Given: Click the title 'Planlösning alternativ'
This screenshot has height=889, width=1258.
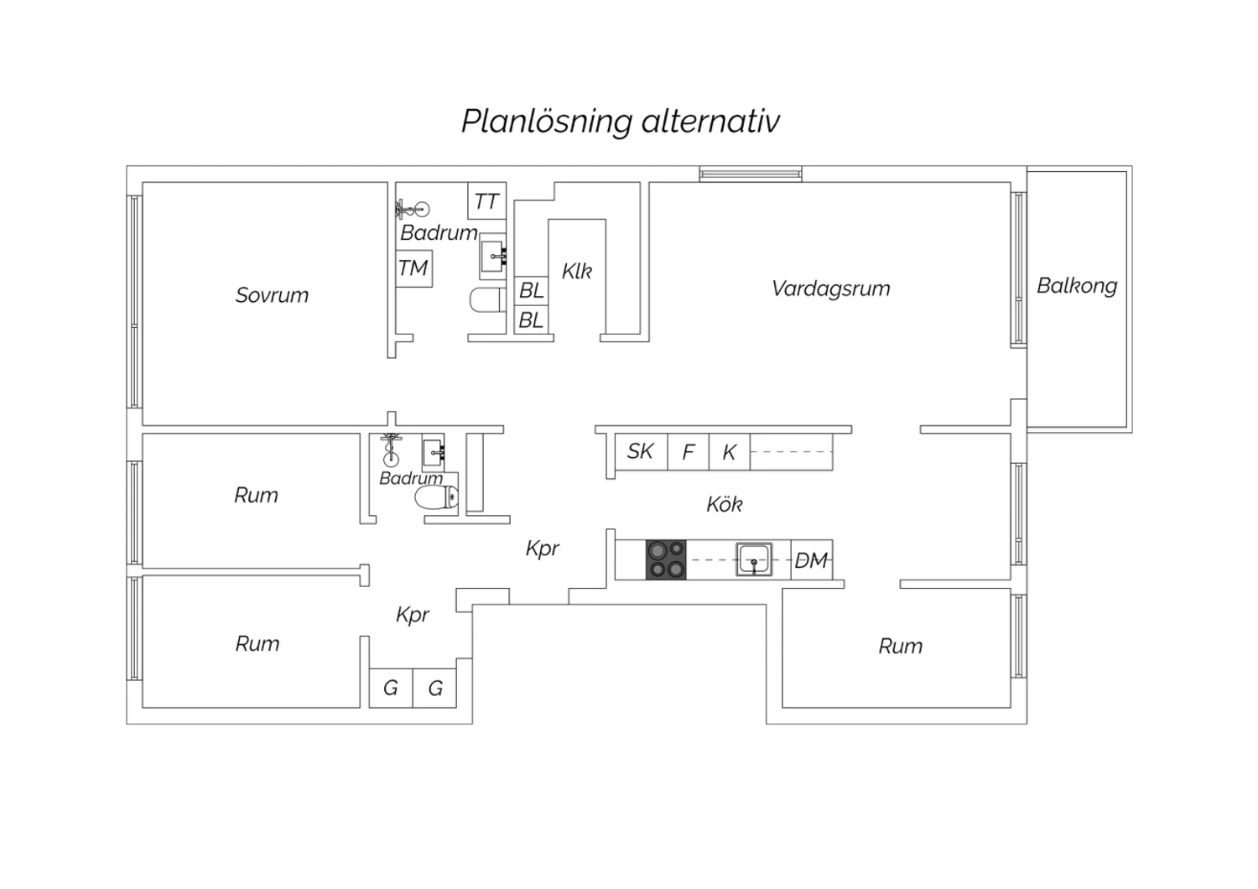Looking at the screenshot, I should tap(621, 121).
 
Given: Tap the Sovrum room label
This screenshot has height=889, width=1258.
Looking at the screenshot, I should tap(272, 295).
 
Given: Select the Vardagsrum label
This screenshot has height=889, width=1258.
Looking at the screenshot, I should tap(830, 289).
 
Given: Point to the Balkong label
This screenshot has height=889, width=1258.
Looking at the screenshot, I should tap(1077, 286).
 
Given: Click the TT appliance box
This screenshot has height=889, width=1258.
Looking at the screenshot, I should tap(486, 201).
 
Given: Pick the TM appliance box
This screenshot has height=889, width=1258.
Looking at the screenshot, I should tap(413, 268).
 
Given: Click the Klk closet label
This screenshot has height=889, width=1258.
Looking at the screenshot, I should tap(577, 271).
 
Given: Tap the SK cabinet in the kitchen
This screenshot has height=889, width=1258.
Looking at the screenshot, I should tap(641, 451).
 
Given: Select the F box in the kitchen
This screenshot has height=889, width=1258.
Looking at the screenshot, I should tap(688, 453).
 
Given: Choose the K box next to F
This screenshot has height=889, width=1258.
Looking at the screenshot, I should tap(729, 453).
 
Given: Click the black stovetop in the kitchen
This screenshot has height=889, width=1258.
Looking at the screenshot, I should tap(666, 560).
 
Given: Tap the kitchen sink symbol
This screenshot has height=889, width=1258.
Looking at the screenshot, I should tap(754, 559).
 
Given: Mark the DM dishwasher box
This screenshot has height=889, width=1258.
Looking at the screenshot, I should tap(811, 560).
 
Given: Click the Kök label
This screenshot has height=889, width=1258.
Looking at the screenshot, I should tap(725, 504).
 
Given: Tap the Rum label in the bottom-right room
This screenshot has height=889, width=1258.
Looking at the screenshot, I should tap(901, 646).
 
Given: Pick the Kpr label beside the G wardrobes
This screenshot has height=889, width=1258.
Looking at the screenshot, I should tap(413, 615).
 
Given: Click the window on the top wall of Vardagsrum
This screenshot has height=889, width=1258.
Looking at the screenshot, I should tap(751, 174).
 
